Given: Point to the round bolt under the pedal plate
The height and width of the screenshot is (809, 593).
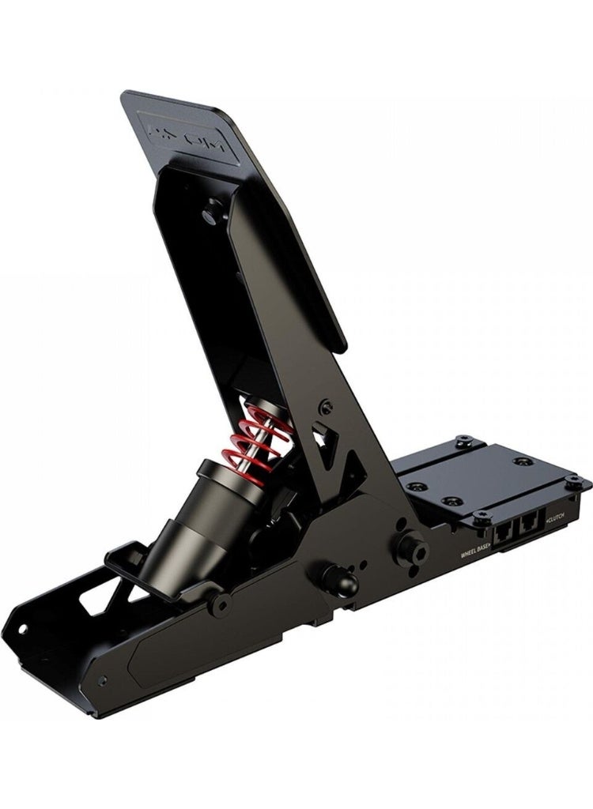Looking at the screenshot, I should tap(212, 211).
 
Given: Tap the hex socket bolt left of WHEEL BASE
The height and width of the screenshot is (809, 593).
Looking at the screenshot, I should tap(411, 546).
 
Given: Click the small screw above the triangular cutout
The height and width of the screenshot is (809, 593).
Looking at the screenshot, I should tap(325, 407).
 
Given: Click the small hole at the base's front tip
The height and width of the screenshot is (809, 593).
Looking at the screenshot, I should tap(21, 629).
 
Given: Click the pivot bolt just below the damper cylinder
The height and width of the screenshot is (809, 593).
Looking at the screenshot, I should tap(221, 604).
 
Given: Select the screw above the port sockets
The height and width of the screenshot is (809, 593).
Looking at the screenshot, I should tap(482, 516).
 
